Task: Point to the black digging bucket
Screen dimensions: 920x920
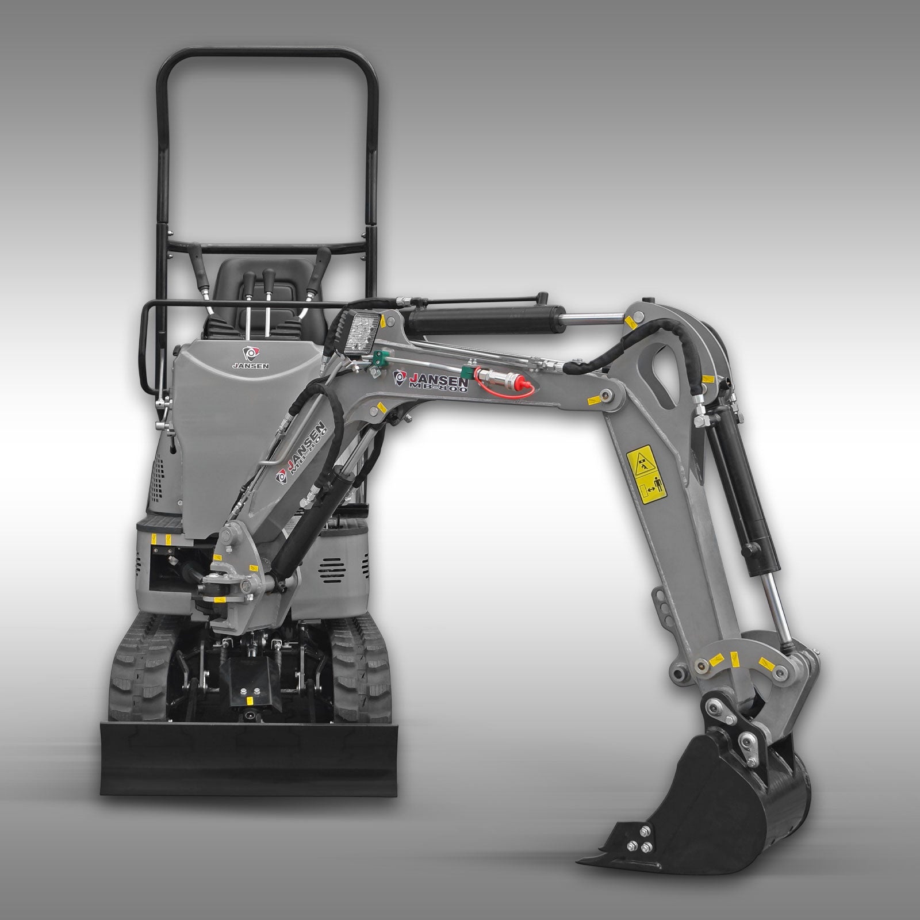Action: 730,782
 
